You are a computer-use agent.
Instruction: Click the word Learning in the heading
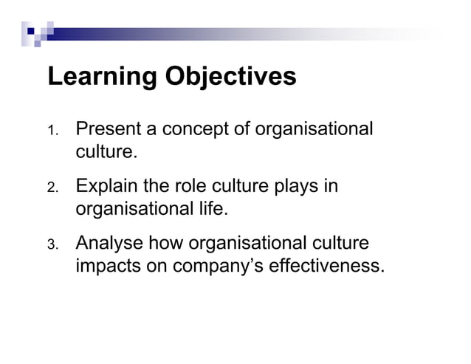tap(94, 77)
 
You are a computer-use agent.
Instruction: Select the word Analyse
tap(110, 242)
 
